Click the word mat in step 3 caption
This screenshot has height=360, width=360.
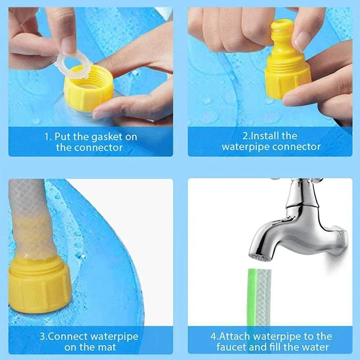(108, 347)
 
